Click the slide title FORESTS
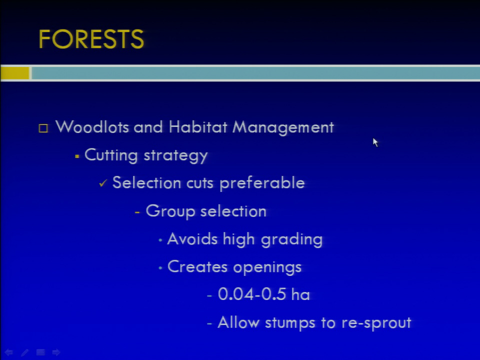91,39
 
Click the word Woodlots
92,126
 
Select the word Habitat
198,126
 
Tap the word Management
283,127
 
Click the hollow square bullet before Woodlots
43,128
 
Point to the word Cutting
111,154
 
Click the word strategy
175,155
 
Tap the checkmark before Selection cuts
103,183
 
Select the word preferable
262,183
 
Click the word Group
170,211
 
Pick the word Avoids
192,239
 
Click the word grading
291,239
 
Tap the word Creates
197,266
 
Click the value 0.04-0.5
252,294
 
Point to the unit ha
300,294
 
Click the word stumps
290,323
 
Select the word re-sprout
376,323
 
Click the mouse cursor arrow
375,142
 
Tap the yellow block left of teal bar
14,73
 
